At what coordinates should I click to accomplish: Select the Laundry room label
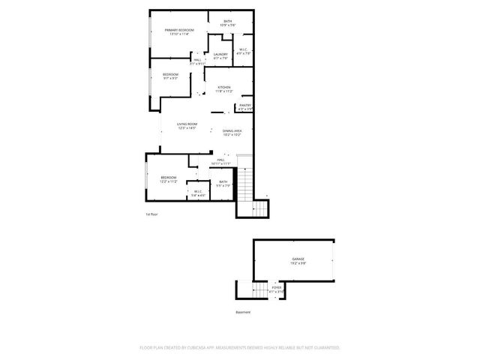click(220, 55)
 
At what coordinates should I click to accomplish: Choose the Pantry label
click(245, 106)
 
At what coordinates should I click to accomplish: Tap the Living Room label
click(187, 125)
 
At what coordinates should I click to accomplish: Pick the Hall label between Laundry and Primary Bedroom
click(197, 61)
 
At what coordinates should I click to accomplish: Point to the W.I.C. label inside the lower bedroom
click(198, 193)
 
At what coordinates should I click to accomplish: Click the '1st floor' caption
click(151, 214)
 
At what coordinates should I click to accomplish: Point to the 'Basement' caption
click(243, 312)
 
